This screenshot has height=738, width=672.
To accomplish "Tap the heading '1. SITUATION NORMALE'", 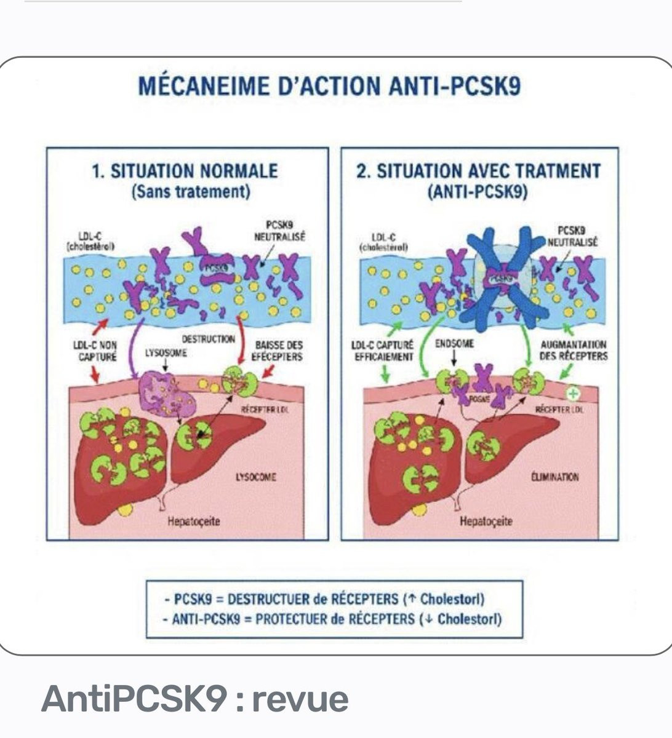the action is (x=185, y=171).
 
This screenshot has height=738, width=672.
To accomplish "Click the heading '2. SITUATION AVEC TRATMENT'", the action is (x=478, y=171).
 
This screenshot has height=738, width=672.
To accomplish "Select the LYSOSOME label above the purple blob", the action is (x=166, y=354).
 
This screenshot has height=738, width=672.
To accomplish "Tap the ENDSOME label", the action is (x=454, y=344).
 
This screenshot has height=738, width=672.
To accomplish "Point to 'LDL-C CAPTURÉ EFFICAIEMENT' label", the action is (x=384, y=351).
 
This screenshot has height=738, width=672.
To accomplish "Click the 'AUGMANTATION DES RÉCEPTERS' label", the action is (x=573, y=351).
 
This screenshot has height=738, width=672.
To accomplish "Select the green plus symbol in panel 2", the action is (x=573, y=392).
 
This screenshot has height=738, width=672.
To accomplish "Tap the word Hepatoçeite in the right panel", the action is (x=486, y=522).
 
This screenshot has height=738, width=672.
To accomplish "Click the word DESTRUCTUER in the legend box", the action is (x=274, y=598).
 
